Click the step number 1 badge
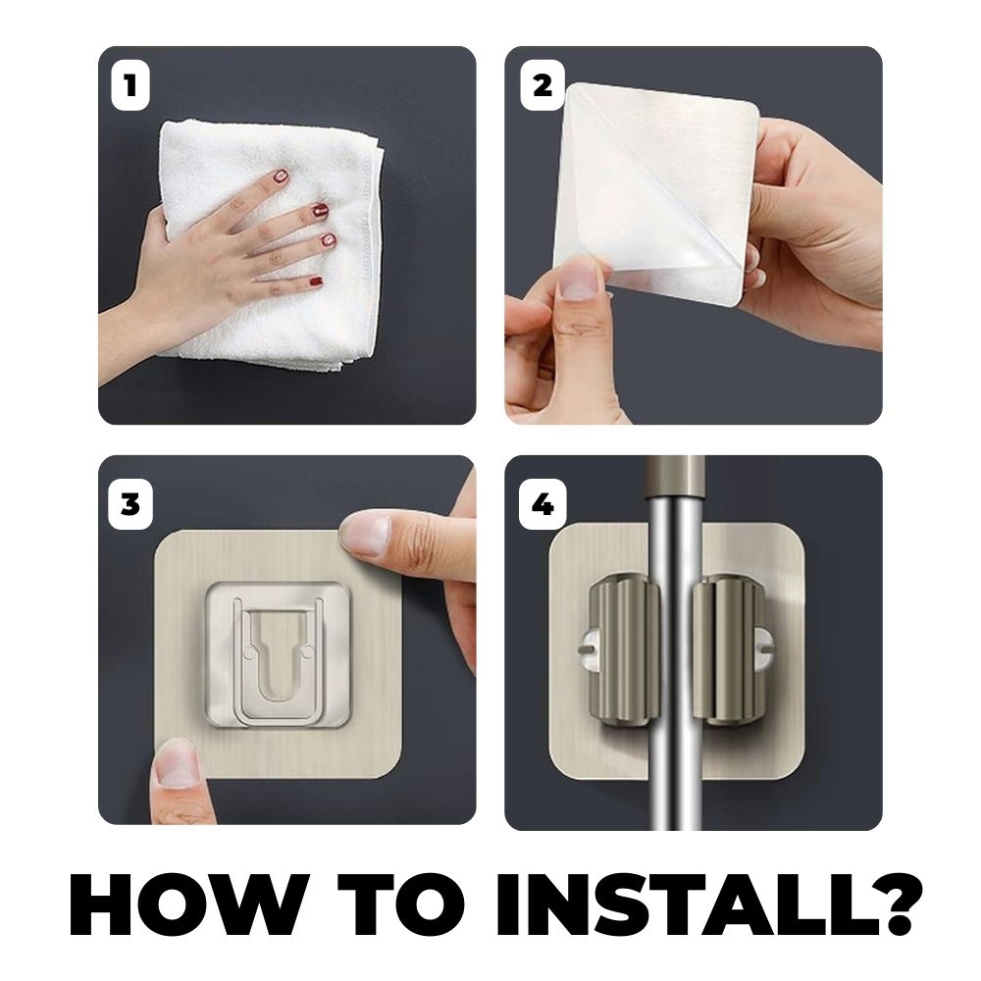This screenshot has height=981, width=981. pos(130,85)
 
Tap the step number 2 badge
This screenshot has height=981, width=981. pos(542,85)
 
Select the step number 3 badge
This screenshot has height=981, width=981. pos(130,504)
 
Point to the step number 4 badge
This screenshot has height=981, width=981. pos(542,504)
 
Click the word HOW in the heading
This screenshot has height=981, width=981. pos(189,904)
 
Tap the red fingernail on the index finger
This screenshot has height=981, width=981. pos(281,177)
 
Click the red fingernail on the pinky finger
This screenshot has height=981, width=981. pos(317,283)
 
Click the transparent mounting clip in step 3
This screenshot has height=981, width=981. pos(278,654)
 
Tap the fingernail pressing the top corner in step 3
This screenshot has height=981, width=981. pos(366,536)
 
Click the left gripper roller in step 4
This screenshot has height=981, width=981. pos(624,652)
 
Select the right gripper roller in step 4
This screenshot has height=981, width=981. pos(728,652)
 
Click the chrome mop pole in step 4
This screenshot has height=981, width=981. pos(675,644)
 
